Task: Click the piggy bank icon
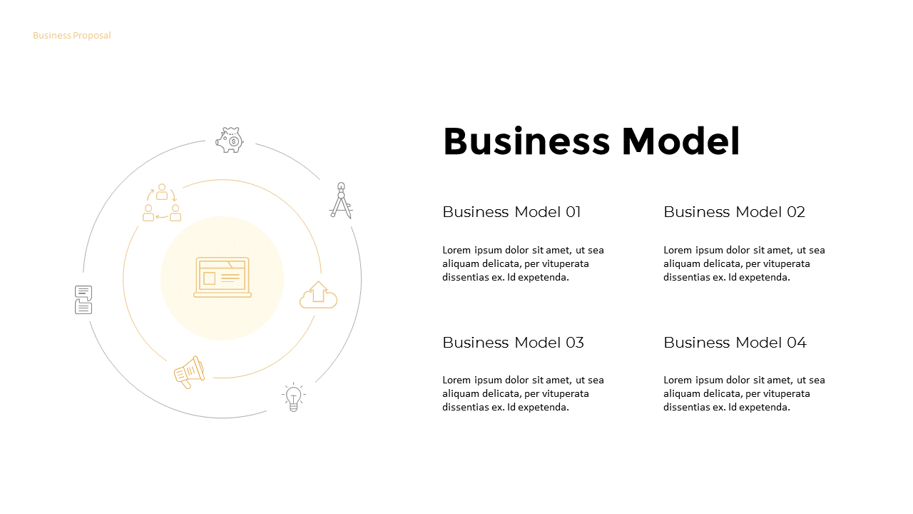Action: coord(230,140)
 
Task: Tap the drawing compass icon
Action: coord(341,201)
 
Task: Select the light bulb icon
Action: coord(293,397)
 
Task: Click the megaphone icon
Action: coord(189,372)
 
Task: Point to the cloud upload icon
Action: coord(318,295)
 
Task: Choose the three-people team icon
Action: coord(162,203)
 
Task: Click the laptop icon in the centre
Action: coord(223,277)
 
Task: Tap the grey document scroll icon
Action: coord(83,300)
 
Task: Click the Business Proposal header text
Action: coord(72,36)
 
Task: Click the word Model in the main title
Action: coord(680,141)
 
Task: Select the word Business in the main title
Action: coord(526,141)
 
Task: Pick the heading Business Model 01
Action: coord(511,212)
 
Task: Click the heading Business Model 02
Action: coord(734,212)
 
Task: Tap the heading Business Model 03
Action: coord(513,343)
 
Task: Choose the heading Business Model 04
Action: coord(735,343)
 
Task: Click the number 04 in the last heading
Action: coord(797,343)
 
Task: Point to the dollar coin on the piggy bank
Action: coord(234,141)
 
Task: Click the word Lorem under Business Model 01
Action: coord(456,250)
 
